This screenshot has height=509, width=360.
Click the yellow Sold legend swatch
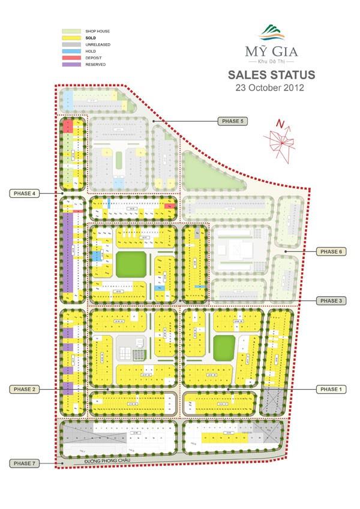pyautogui.click(x=71, y=38)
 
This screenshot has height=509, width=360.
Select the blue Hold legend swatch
pyautogui.click(x=71, y=51)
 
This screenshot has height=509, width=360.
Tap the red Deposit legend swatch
pyautogui.click(x=71, y=58)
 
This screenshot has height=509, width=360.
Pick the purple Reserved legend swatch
pyautogui.click(x=71, y=64)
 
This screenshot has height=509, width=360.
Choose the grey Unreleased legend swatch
pyautogui.click(x=71, y=44)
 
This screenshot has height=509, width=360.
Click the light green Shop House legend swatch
pyautogui.click(x=71, y=31)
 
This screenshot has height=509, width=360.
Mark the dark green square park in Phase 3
pyautogui.click(x=131, y=264)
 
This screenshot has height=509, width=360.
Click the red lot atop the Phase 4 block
pyautogui.click(x=68, y=125)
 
